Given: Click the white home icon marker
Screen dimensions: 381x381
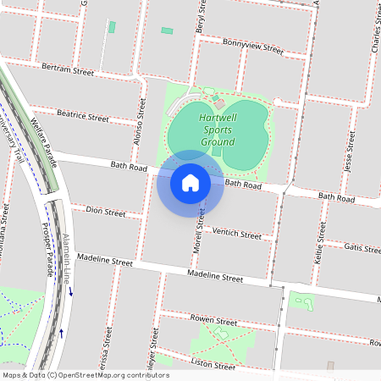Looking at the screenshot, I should pyautogui.click(x=190, y=182).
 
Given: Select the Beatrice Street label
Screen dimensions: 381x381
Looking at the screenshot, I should pyautogui.click(x=83, y=114).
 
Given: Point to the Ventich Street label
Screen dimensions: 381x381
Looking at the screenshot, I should pyautogui.click(x=237, y=233).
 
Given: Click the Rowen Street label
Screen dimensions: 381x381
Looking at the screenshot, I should pyautogui.click(x=213, y=322).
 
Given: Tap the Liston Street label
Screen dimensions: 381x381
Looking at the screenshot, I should pyautogui.click(x=213, y=365).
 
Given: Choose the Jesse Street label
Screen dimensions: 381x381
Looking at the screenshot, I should pyautogui.click(x=349, y=152).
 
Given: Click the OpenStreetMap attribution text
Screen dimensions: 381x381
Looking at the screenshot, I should pyautogui.click(x=85, y=375).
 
